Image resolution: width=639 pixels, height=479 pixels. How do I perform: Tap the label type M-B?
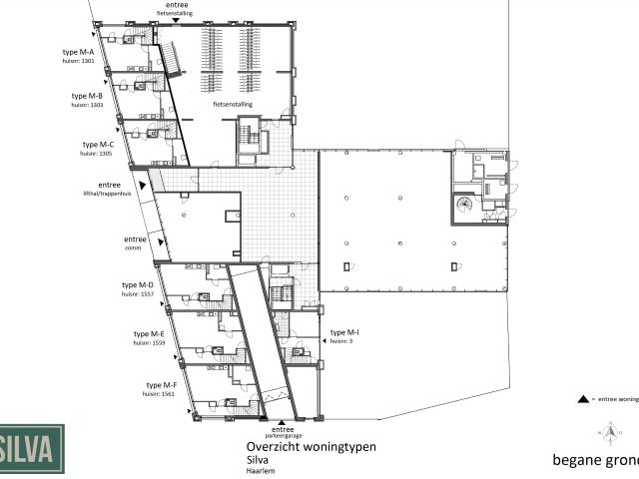tap(87, 96)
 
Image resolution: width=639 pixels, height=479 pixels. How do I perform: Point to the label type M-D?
tap(137, 285)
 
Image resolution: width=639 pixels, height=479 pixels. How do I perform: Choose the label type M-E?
tap(150, 333)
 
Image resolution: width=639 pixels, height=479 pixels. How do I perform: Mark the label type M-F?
tap(161, 384)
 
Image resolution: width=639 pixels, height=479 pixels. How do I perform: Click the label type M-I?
tap(344, 331)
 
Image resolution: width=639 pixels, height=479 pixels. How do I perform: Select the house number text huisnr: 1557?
tap(137, 294)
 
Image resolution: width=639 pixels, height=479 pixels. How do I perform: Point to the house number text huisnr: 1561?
tap(161, 393)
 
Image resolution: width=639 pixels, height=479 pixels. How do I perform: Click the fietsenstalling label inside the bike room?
tap(233, 103)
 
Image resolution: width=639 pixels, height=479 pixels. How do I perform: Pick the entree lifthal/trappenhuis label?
tap(110, 189)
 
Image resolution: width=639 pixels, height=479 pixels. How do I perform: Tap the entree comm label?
tap(135, 242)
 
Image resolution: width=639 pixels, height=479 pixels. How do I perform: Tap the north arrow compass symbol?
tap(607, 432)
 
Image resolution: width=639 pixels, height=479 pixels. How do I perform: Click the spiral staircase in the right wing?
tap(466, 207)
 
